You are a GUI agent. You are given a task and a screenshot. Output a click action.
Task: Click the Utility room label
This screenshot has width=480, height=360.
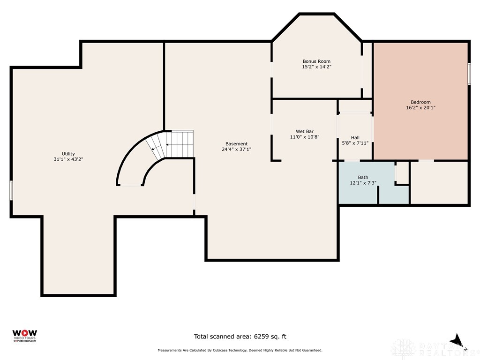pos(68,154)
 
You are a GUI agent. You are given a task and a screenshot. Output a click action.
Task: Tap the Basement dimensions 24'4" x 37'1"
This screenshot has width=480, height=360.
pos(236,150)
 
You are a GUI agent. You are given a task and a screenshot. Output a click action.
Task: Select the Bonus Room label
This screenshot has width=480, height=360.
pos(316,61)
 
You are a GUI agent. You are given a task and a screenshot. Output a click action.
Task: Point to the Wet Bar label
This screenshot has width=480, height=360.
pos(305,131)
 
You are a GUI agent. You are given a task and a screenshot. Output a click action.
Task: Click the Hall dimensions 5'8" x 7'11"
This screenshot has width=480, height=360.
pos(355,143)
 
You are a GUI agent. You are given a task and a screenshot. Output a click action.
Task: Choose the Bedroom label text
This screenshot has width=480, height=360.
pos(420,102)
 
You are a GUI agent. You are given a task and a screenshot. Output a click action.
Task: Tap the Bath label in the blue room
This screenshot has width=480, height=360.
pos(363,177)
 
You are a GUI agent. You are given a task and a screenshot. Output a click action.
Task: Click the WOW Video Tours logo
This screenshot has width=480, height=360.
pos(24,336)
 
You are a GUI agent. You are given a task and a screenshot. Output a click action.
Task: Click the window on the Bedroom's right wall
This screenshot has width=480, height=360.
pos(469,74)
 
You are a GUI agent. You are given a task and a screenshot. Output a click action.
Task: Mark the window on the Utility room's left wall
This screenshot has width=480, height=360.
pos(11,190)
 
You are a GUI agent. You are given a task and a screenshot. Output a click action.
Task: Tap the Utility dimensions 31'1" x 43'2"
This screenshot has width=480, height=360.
pos(68,159)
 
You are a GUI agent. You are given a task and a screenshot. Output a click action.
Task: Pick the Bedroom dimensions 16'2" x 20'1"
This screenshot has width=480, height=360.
pos(420,107)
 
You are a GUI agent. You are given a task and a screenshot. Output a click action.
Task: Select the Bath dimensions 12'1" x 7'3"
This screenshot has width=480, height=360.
pos(363,183)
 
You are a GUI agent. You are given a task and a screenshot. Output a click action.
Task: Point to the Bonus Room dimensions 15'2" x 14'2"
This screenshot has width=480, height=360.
pos(316,67)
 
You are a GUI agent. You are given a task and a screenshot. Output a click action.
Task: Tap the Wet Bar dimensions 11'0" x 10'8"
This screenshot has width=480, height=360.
pos(305,137)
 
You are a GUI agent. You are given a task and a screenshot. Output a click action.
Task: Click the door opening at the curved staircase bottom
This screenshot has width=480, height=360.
pos(130,185)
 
